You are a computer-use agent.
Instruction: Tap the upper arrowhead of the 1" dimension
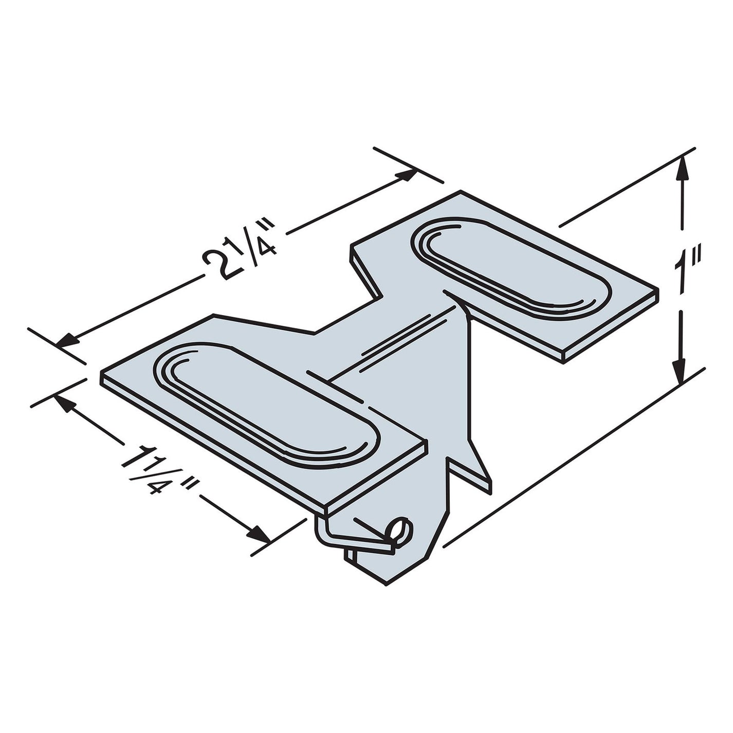click(682, 167)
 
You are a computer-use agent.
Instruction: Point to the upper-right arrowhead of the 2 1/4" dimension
click(406, 175)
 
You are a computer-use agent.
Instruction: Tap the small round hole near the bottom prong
click(400, 529)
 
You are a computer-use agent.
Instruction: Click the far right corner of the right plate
click(656, 291)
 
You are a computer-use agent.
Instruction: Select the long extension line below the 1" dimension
click(571, 457)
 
